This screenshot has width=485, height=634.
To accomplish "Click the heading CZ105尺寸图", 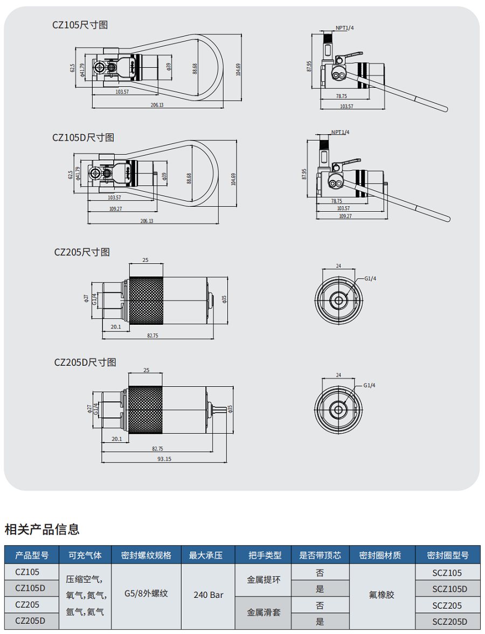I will [x=80, y=25].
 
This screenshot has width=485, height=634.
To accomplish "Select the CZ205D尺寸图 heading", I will [x=85, y=363].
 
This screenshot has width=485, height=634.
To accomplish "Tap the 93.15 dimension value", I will [x=164, y=459].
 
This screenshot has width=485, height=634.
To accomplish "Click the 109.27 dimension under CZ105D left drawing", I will [x=116, y=208].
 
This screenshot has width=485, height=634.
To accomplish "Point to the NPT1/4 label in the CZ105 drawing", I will [x=345, y=27].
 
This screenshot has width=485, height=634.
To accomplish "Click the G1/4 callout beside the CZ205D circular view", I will [x=369, y=385].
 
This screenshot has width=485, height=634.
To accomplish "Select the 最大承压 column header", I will [x=209, y=555].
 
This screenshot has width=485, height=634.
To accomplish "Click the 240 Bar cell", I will [x=209, y=595].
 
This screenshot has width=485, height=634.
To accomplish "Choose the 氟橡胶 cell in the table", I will [x=382, y=595].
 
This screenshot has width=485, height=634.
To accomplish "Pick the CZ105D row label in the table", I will [x=30, y=588].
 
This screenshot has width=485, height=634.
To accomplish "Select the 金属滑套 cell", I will [x=263, y=612].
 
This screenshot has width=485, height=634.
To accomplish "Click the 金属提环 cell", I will [x=263, y=580].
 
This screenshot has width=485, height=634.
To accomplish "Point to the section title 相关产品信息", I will [x=42, y=529].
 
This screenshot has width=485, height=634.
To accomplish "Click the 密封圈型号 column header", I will [x=448, y=555].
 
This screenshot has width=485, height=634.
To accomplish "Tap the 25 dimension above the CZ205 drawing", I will [x=145, y=260].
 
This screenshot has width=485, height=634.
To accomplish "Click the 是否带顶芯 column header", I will [x=320, y=555].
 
